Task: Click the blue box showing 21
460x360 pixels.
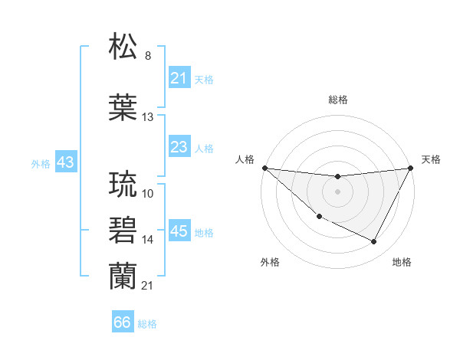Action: pos(179,78)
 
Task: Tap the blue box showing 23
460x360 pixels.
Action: pos(179,147)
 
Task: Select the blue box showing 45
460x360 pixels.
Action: pos(179,231)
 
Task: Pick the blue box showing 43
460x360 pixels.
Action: pos(65,162)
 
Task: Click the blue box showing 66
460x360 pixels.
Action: pos(123,322)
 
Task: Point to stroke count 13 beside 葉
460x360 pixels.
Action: pos(148,117)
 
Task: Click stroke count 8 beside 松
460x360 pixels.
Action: pos(147,56)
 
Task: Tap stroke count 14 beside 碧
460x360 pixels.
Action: pos(148,240)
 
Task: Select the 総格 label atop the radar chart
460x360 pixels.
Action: pos(337,100)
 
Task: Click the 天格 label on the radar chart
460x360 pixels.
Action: pos(431,159)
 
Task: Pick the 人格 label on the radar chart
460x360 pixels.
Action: pos(245,159)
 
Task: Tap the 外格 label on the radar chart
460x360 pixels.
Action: pos(270,262)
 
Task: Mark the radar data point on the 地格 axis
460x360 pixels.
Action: pos(374,242)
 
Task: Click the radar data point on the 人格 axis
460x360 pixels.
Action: pos(264,168)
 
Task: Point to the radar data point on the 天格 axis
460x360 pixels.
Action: pos(410,168)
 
